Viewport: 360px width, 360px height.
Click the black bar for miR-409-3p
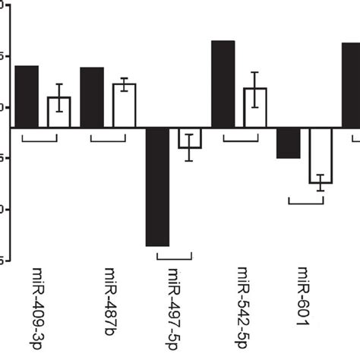click(27, 96)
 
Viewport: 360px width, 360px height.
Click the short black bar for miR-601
click(288, 143)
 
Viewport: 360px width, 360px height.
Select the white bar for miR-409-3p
click(59, 112)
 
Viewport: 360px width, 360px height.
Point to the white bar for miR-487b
click(125, 106)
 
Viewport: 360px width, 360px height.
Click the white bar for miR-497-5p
click(190, 138)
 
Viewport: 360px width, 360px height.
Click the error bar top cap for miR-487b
click(125, 78)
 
